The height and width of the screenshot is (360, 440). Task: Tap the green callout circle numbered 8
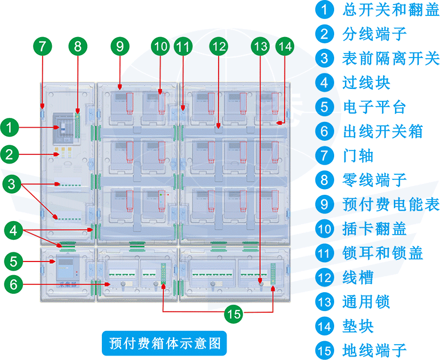click(x=79, y=46)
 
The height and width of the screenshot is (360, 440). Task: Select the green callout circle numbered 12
click(x=218, y=46)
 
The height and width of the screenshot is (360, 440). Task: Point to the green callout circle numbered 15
click(x=233, y=313)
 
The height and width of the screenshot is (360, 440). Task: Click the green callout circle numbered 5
click(x=14, y=261)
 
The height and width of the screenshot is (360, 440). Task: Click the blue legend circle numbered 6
click(x=324, y=131)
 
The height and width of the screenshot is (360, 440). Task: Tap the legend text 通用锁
click(x=366, y=302)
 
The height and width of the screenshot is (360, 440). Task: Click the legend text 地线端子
click(x=374, y=349)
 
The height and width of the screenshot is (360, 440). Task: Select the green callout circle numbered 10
click(x=161, y=46)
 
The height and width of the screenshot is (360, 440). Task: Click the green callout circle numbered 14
click(x=285, y=46)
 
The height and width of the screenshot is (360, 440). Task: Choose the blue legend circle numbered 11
click(x=324, y=253)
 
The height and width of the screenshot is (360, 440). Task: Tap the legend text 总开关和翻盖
click(x=391, y=10)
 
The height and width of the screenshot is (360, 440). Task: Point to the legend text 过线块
click(x=366, y=83)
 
